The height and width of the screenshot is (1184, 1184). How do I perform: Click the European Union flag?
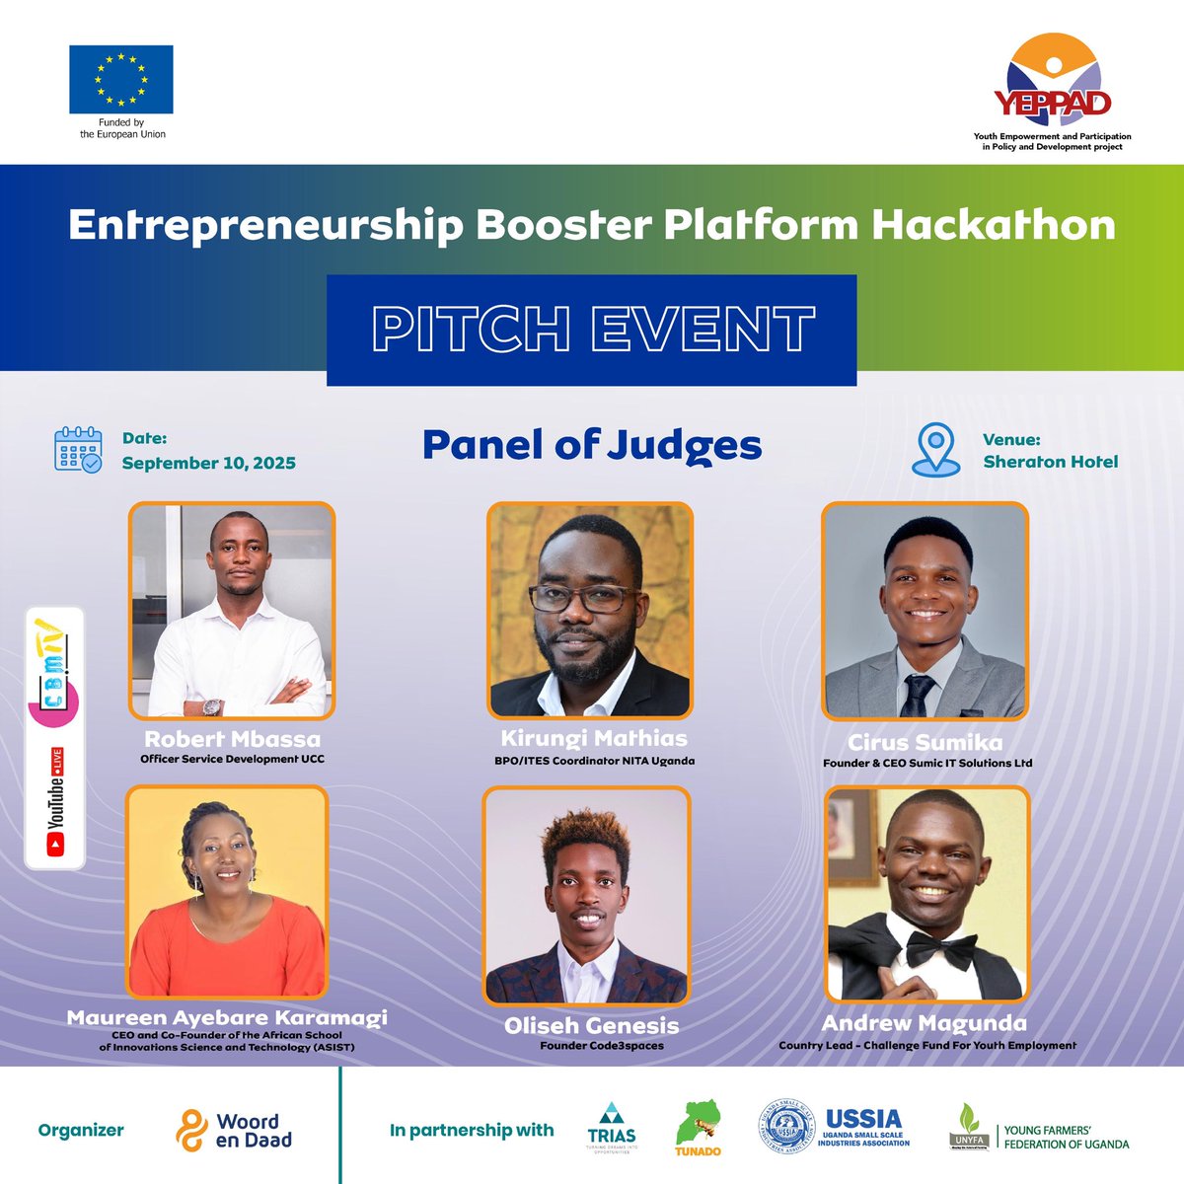click(121, 79)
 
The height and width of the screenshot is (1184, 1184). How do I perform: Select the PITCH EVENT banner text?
click(592, 330)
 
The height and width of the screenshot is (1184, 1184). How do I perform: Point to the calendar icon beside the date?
click(77, 450)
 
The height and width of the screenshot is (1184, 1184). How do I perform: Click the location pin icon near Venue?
click(934, 451)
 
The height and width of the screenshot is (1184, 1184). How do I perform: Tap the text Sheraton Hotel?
click(1050, 462)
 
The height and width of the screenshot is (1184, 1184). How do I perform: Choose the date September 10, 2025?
click(208, 463)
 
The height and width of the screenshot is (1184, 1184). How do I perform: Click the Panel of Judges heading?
click(592, 445)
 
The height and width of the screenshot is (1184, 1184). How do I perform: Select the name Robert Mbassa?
click(233, 739)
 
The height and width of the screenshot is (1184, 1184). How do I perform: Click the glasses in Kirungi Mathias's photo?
click(582, 597)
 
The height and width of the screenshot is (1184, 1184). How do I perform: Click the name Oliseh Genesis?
click(591, 1026)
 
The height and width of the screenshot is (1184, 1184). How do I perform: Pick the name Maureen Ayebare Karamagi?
click(227, 1017)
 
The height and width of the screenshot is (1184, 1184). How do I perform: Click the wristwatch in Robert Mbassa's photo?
click(212, 706)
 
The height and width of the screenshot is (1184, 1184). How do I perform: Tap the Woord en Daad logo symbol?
click(190, 1131)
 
